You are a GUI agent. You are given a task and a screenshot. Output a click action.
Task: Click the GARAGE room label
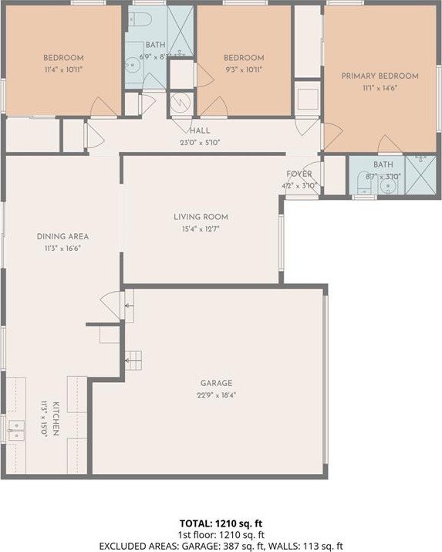(216, 383)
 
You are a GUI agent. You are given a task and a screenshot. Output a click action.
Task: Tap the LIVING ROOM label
(201, 217)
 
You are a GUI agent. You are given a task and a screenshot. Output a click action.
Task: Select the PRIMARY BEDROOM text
(380, 76)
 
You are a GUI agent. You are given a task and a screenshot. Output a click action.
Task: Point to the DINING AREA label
(62, 236)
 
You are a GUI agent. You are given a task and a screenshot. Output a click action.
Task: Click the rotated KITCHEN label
(56, 418)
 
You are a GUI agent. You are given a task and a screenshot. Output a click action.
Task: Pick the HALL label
(200, 130)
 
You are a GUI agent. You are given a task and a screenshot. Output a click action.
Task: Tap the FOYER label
(299, 174)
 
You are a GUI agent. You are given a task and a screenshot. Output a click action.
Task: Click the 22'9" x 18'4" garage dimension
(216, 395)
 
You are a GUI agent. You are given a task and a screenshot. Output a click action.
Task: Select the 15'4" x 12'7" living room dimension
(201, 229)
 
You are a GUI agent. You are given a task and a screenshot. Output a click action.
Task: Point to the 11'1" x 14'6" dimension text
(380, 88)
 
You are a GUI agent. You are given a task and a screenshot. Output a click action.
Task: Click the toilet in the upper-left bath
(140, 19)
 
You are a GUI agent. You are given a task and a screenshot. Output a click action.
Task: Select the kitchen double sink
(16, 431)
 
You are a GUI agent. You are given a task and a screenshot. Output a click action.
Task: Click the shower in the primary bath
(420, 174)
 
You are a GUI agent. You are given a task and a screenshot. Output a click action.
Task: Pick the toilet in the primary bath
(364, 184)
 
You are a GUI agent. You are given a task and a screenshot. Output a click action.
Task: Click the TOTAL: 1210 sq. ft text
(221, 523)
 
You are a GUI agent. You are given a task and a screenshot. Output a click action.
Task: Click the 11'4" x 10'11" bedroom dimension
(64, 69)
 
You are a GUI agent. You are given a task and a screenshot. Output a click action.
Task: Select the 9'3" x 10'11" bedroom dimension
(244, 69)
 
